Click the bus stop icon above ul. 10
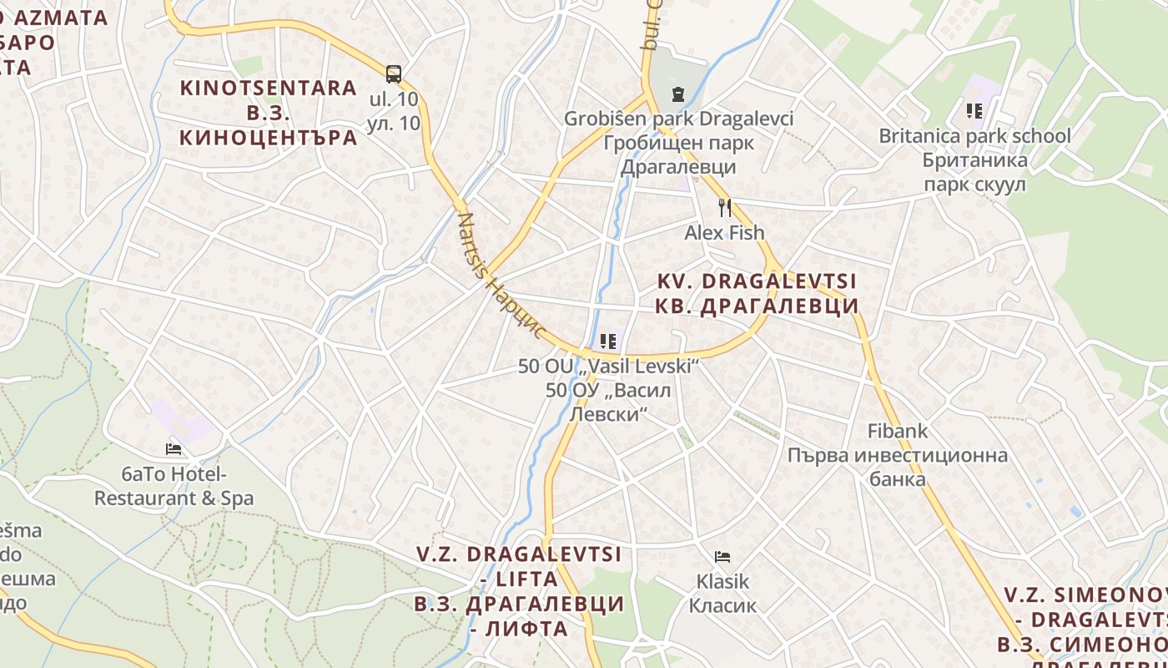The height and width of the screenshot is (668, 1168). click(x=394, y=73)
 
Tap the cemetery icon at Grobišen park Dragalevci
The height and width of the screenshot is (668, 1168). click(x=677, y=94)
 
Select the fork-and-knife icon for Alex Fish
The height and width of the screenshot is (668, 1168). click(x=725, y=207)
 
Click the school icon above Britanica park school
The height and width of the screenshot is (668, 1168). click(x=974, y=110)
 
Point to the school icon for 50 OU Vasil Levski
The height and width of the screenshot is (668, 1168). click(x=608, y=342)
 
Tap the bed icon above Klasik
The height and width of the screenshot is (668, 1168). click(x=722, y=556)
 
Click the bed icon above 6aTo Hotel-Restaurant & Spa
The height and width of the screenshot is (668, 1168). click(x=174, y=449)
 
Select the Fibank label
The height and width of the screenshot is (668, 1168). click(x=898, y=431)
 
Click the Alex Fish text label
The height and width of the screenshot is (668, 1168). click(x=724, y=232)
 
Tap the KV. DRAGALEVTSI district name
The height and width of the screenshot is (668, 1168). click(x=757, y=281)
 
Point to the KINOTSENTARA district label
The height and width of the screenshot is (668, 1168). click(x=268, y=88)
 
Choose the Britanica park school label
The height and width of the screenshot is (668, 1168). click(x=974, y=135)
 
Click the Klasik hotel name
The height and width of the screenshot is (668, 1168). click(x=722, y=581)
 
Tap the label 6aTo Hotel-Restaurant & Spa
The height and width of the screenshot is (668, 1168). click(x=174, y=486)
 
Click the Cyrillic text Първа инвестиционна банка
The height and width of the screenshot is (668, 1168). click(x=898, y=467)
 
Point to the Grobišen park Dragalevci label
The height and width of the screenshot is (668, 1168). click(x=678, y=119)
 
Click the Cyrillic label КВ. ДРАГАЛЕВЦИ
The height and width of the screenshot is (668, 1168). click(x=757, y=306)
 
